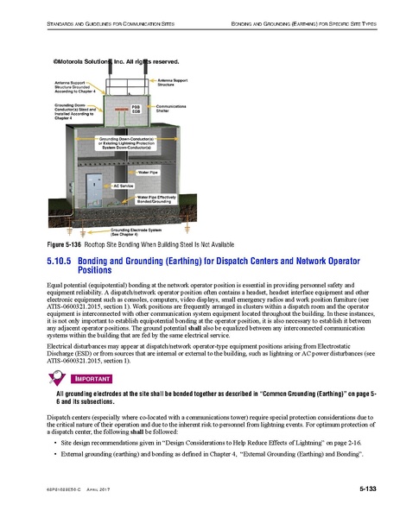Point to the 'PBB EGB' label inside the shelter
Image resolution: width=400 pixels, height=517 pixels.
point(135,109)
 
